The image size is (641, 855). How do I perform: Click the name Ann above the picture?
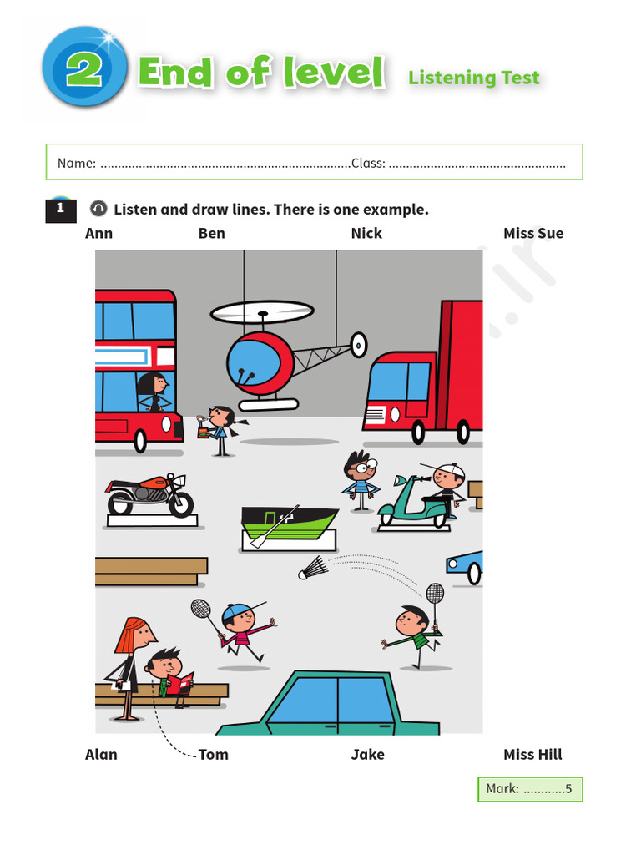[98, 234]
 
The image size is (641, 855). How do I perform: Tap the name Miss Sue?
[533, 234]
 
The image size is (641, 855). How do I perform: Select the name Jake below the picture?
[367, 755]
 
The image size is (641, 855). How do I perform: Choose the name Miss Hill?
[532, 755]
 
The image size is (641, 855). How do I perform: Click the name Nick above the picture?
[366, 234]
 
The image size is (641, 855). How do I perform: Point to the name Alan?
[101, 755]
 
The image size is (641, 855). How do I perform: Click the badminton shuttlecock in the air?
[313, 568]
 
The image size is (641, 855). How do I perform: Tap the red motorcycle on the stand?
[150, 494]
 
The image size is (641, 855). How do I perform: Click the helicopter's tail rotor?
[359, 345]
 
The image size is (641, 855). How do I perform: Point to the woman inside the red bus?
[154, 392]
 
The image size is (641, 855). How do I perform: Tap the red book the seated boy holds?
[180, 684]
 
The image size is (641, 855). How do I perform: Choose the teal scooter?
[414, 502]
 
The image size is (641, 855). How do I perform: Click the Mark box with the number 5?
[530, 789]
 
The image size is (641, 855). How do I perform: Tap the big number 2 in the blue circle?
[84, 69]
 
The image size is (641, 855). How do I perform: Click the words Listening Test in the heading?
[474, 78]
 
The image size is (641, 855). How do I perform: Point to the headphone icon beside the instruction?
[98, 208]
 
